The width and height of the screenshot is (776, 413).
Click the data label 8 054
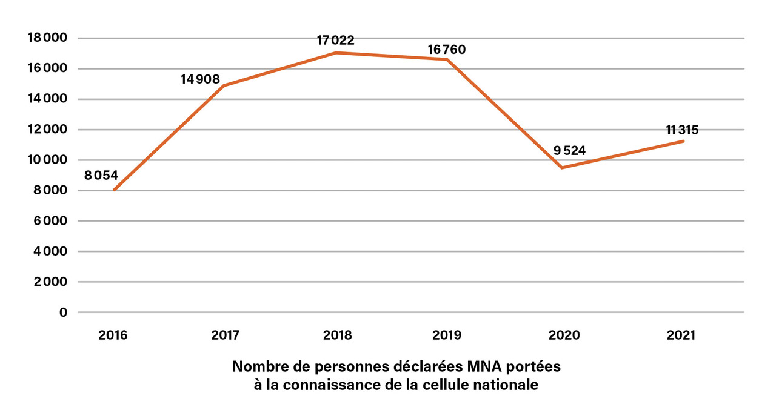(101, 176)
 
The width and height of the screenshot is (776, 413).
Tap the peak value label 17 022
(335, 41)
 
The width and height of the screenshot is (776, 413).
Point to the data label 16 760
(446, 49)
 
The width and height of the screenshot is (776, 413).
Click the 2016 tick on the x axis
(113, 335)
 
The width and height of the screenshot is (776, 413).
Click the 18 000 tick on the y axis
(47, 38)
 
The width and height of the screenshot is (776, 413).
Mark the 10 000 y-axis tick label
(47, 160)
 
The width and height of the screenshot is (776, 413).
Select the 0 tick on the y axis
(62, 312)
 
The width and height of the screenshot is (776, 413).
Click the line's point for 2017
(223, 86)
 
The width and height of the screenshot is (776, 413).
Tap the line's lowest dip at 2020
(563, 168)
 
